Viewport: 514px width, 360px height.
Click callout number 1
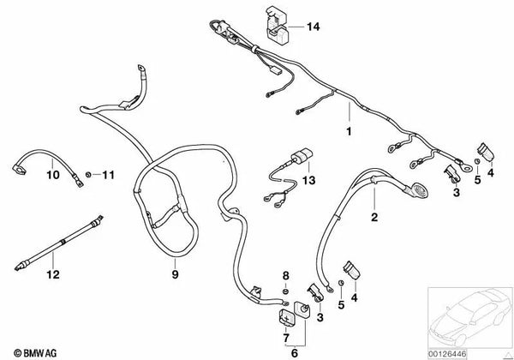coord(349,131)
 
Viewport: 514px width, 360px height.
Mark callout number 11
coord(109,177)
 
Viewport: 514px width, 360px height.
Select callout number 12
coord(54,276)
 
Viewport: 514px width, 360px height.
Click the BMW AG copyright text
coord(29,351)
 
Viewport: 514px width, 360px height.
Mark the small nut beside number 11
coord(88,177)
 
